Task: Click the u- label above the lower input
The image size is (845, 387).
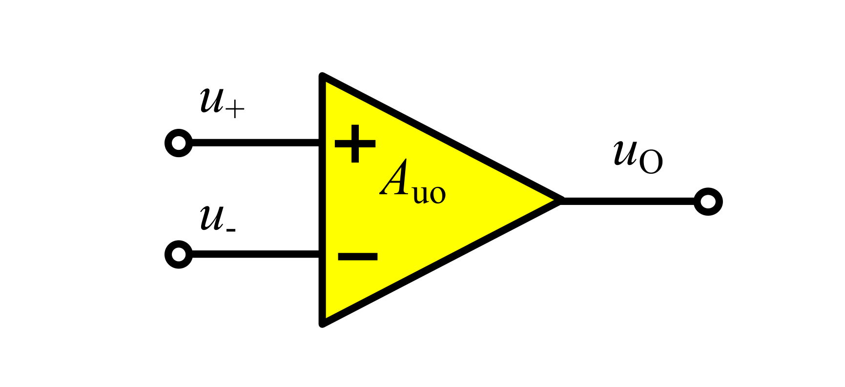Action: pos(217,219)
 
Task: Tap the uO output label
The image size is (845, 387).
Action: pos(638,156)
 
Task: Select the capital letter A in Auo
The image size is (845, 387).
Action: pos(395,179)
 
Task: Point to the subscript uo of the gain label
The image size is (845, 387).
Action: pos(429,193)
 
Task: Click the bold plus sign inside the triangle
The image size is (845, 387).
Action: pos(355,143)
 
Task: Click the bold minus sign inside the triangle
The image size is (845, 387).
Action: pos(357,256)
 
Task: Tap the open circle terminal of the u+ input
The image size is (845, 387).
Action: pos(179,143)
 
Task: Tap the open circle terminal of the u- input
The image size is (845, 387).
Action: pos(179,254)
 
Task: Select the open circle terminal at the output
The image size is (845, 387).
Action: pos(708,201)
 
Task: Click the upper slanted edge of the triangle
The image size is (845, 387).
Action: pos(442,139)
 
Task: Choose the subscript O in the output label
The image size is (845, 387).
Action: pos(651,163)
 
